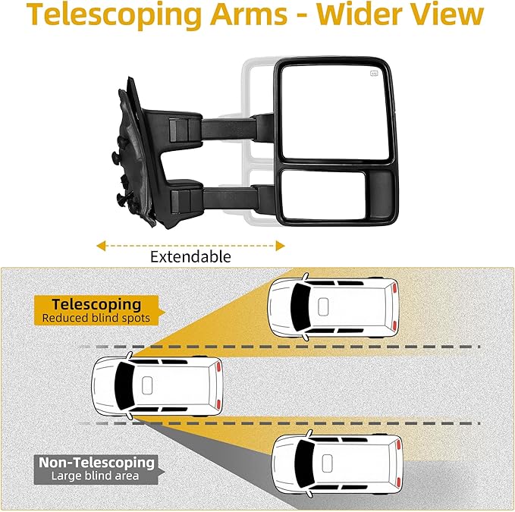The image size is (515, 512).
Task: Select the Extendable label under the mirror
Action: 190,256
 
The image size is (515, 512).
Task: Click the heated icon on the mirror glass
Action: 374,74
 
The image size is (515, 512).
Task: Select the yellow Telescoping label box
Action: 91,310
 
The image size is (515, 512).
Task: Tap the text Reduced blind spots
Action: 96,319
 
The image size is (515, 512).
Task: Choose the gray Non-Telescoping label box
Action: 96,469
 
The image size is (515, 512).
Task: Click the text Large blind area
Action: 96,476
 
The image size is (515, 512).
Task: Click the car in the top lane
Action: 334,306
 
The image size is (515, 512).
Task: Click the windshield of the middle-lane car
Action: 121,386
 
